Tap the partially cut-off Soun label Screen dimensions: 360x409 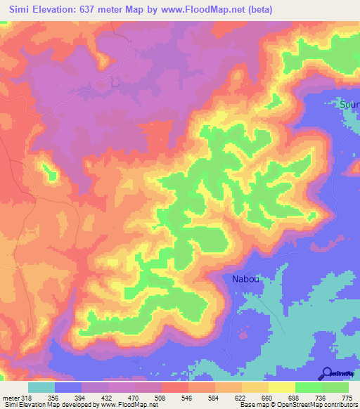[349, 105]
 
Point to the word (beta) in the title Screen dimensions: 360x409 [257, 10]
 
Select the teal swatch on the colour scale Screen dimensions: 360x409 [41, 387]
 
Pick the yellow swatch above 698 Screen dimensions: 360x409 [281, 387]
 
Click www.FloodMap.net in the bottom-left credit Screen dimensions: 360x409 [133, 405]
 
